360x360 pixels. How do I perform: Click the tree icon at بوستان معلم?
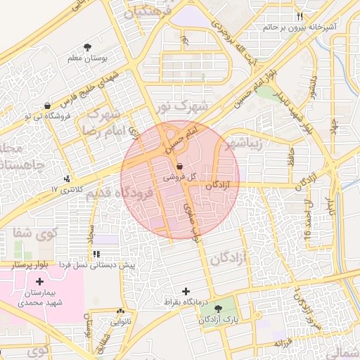(x=86, y=47)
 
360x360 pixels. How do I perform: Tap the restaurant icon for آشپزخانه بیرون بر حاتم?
(x=300, y=16)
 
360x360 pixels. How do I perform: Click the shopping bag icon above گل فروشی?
(x=179, y=167)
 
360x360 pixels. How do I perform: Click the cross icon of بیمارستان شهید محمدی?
(x=39, y=281)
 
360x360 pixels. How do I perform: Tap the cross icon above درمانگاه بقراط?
(x=186, y=291)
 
